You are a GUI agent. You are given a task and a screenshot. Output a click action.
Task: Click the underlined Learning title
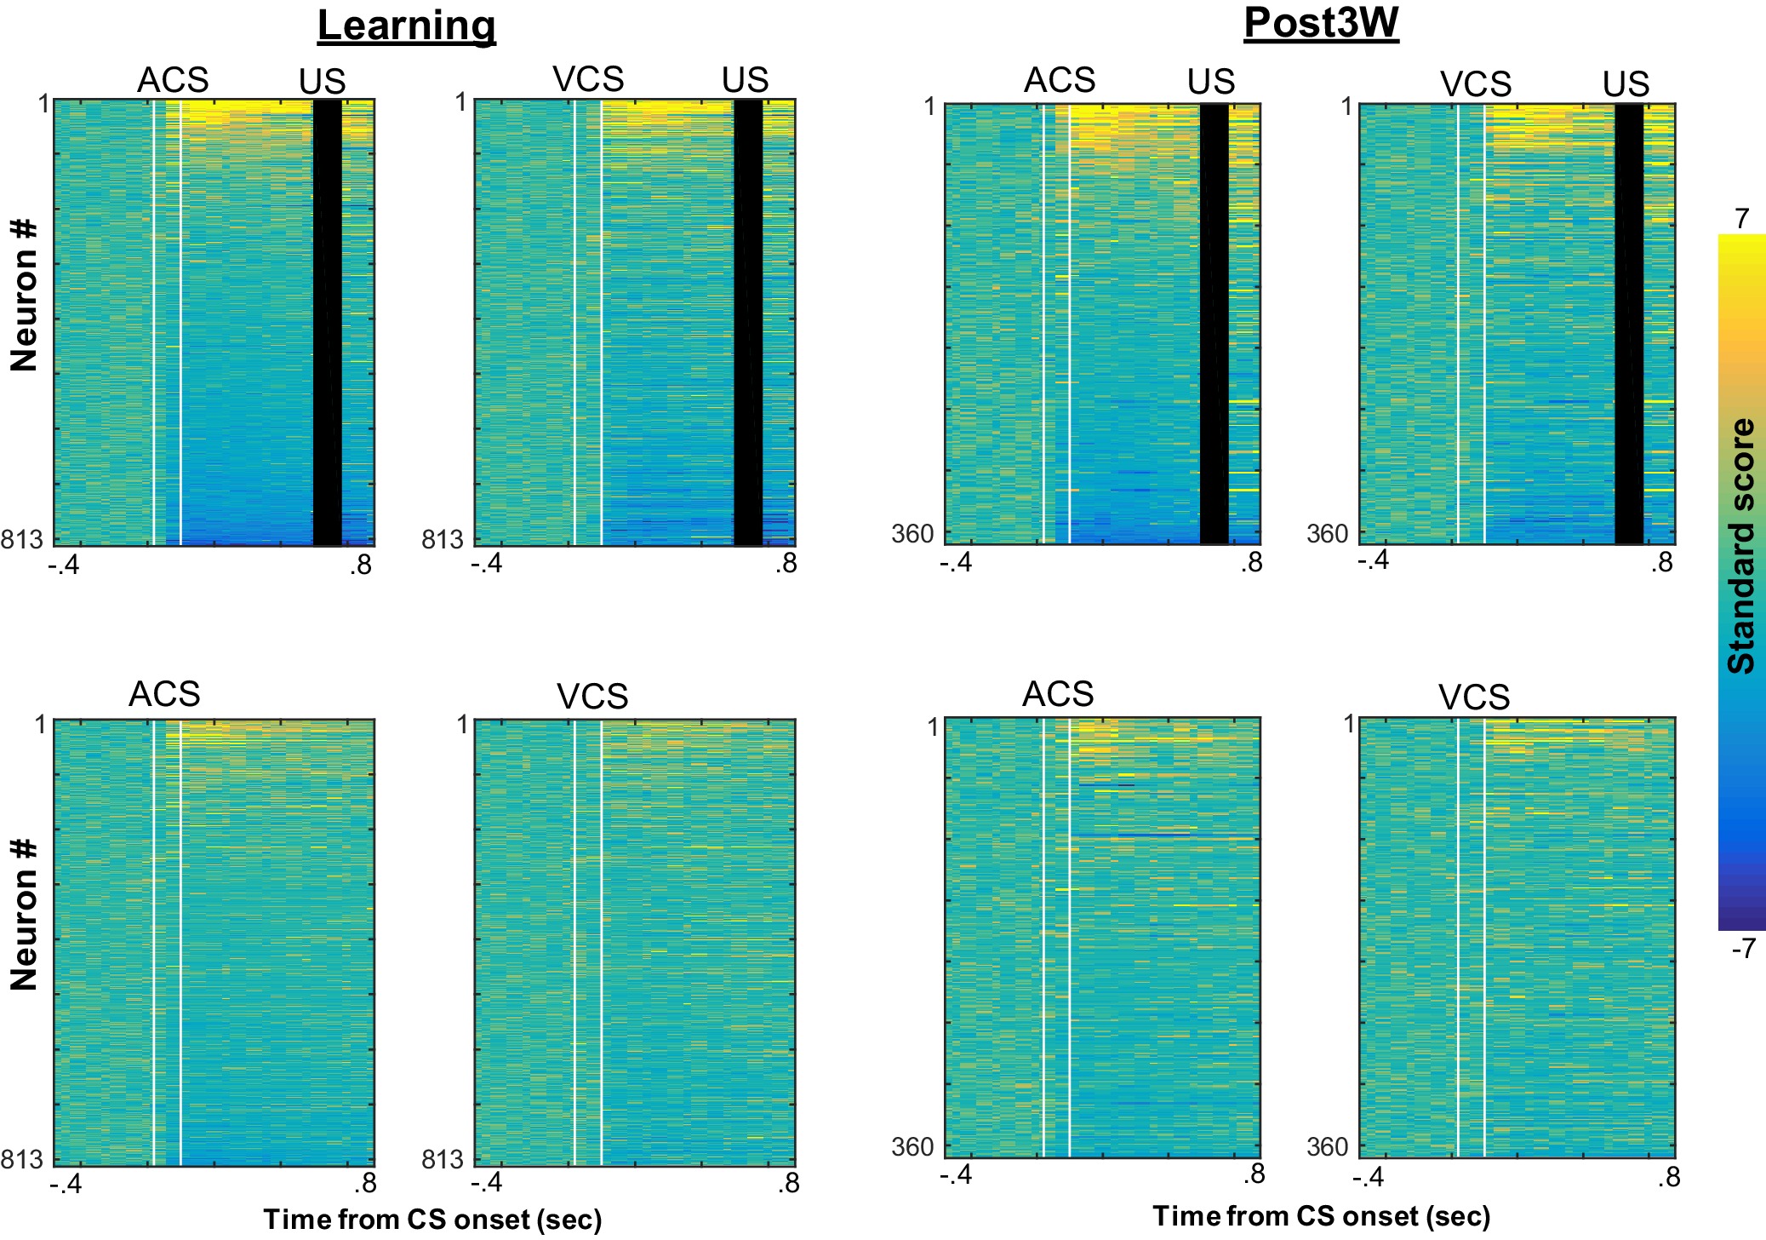(406, 26)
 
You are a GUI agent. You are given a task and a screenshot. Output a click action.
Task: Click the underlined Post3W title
(1321, 23)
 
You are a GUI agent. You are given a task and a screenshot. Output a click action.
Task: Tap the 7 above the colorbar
(1741, 219)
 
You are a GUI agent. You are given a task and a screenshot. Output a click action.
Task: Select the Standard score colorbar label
(1741, 546)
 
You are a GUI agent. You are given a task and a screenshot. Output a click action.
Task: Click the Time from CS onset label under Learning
(432, 1220)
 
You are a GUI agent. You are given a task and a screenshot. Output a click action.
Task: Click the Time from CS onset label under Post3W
(1321, 1216)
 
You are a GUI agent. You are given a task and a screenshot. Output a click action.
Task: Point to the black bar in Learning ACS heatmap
(328, 322)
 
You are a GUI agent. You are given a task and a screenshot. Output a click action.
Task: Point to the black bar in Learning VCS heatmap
(748, 322)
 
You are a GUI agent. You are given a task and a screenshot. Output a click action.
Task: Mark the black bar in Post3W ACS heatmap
(1214, 324)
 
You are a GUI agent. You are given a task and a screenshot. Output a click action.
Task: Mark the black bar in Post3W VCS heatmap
(1628, 324)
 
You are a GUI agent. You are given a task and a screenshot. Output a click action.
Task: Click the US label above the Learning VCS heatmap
(745, 80)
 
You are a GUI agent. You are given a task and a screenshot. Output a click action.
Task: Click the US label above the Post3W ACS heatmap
(1210, 82)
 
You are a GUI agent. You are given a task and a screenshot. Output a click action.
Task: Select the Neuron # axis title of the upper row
(24, 296)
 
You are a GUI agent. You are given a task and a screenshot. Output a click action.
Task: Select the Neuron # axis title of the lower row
(24, 915)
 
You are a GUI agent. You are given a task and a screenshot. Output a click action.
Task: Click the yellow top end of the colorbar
(1741, 243)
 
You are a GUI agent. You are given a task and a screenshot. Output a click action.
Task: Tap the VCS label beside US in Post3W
(1475, 84)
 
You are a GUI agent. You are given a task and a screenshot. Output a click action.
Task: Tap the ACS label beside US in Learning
(173, 80)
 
